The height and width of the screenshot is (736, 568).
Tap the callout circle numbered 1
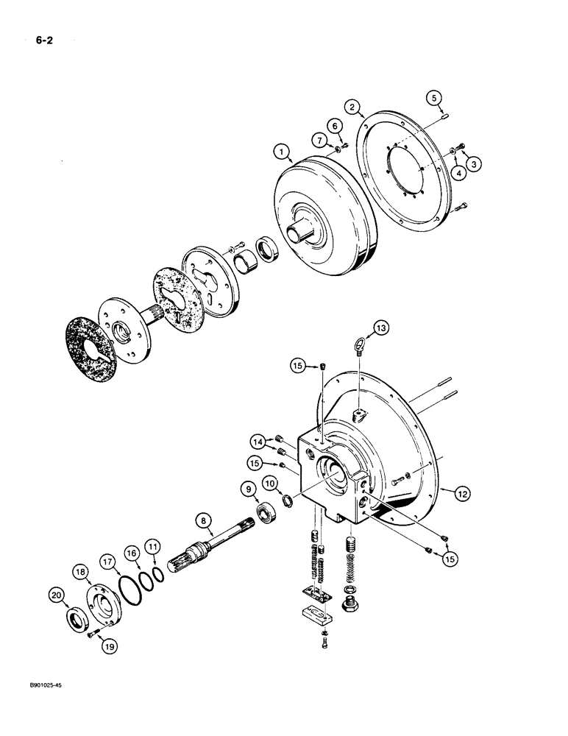(280, 152)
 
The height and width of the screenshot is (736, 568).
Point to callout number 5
(434, 96)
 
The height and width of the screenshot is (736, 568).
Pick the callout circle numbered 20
(56, 595)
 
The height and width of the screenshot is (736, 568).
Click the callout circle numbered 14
(258, 442)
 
